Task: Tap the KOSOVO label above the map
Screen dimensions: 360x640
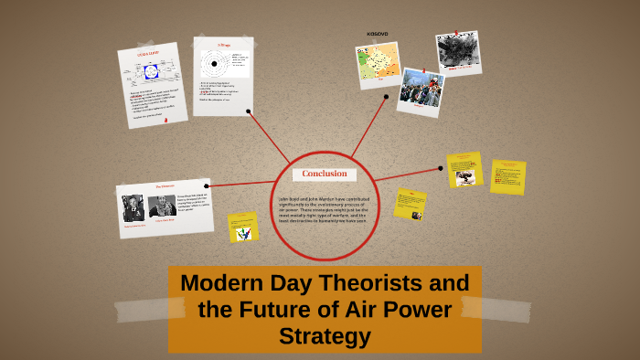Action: click(377, 34)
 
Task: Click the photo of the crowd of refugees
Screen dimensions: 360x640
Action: click(420, 89)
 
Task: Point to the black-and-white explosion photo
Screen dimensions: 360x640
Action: click(456, 51)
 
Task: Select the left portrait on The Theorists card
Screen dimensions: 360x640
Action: click(133, 207)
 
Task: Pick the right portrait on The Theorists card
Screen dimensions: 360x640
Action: click(163, 207)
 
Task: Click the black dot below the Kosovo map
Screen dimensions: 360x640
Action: click(389, 92)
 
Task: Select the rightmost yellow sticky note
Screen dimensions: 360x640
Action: click(507, 176)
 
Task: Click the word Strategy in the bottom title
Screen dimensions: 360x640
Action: click(325, 336)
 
